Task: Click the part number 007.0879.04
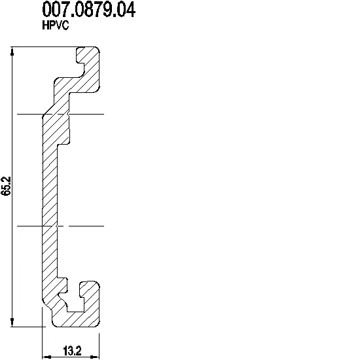(x=89, y=10)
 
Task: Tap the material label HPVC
(x=56, y=26)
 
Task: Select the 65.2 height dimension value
(x=6, y=186)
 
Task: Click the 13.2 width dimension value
(x=72, y=351)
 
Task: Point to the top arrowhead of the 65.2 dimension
(x=12, y=51)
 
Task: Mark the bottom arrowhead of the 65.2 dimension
(x=12, y=322)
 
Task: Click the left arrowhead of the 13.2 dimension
(x=46, y=357)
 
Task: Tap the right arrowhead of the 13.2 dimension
(x=95, y=357)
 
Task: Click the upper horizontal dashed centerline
(x=61, y=114)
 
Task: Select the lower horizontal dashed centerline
(x=61, y=226)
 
